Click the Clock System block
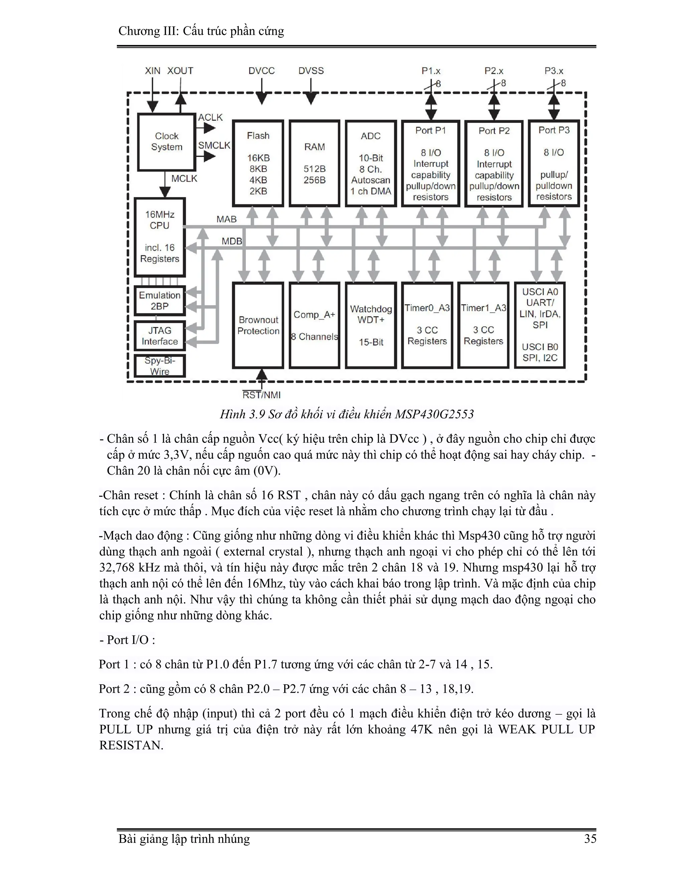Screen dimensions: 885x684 pos(167,142)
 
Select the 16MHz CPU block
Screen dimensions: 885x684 pos(160,237)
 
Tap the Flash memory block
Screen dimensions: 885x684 pos(258,163)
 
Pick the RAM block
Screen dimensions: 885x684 pos(314,163)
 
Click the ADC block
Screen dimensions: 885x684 pos(371,163)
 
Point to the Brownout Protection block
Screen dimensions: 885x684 pos(258,325)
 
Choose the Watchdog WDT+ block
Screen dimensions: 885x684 pos(371,325)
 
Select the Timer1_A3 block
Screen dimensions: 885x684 pos(483,325)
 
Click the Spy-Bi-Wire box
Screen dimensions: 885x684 pos(160,366)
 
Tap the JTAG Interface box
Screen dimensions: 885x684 pos(160,336)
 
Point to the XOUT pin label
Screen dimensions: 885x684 pos(180,71)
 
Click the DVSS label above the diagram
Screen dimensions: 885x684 pos(311,71)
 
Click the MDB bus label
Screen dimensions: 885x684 pos(232,241)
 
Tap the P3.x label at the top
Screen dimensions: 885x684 pos(554,71)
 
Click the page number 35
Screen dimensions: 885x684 pos(590,839)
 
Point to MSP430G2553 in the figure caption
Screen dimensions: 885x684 pos(435,414)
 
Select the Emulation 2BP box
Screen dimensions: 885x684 pos(160,301)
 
